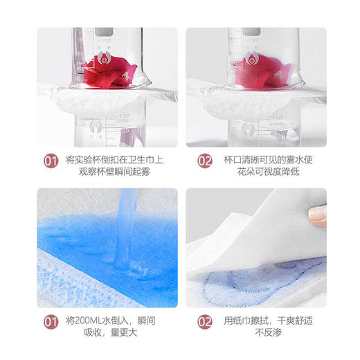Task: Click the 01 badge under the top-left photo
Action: tap(50, 162)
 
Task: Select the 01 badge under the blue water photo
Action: tap(50, 321)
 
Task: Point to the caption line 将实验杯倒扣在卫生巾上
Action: tap(114, 156)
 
